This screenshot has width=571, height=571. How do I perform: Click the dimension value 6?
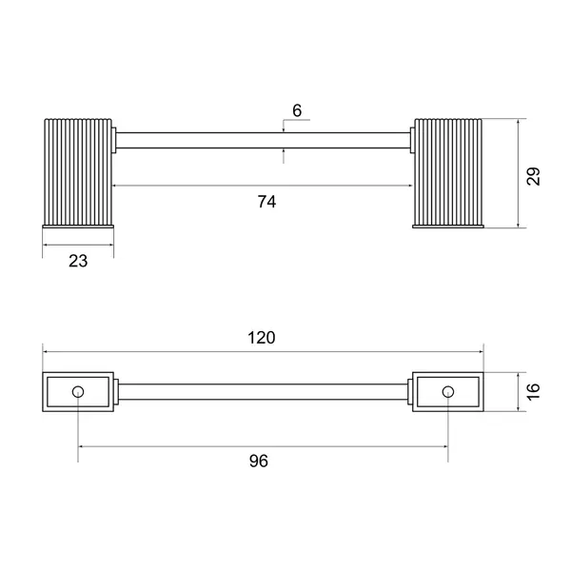point(297,110)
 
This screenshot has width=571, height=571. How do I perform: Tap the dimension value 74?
point(266,202)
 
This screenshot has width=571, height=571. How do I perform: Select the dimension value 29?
point(534,176)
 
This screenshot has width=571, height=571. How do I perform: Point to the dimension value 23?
point(78,261)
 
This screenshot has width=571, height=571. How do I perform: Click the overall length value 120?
point(262,338)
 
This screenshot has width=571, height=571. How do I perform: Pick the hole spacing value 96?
point(259,461)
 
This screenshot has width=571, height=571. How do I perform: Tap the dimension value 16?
point(534,392)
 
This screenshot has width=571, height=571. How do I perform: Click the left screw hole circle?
point(78,392)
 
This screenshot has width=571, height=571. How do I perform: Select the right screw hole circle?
point(448,392)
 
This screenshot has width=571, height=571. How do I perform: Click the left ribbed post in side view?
point(78,172)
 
